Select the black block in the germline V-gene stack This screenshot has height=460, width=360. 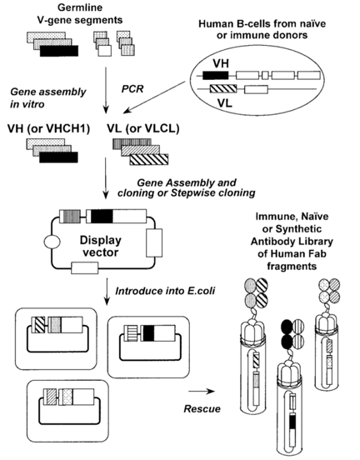coord(57,52)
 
